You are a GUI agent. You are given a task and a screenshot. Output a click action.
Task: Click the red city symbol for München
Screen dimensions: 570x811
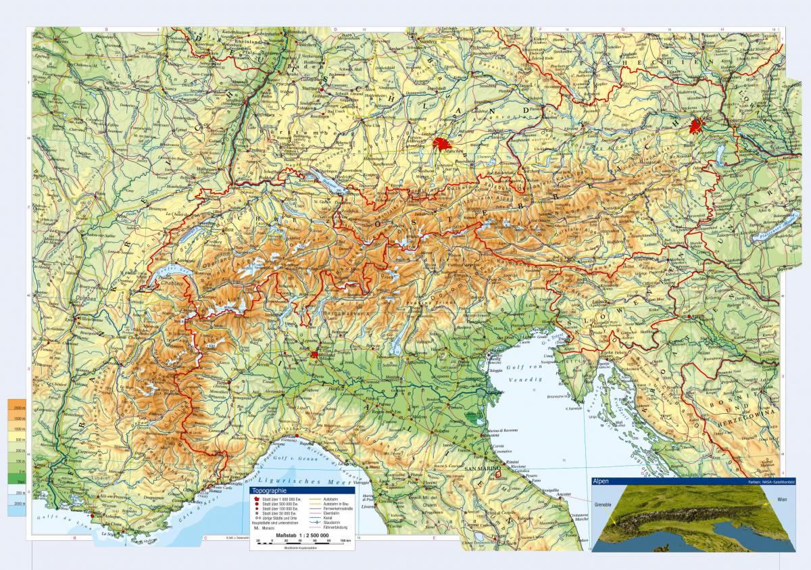point(441,144)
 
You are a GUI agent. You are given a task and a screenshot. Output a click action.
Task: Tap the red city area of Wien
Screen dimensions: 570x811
point(697,125)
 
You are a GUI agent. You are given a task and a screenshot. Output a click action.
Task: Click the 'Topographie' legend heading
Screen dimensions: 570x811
point(268,491)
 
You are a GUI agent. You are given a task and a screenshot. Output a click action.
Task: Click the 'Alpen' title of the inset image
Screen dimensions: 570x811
point(600,481)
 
